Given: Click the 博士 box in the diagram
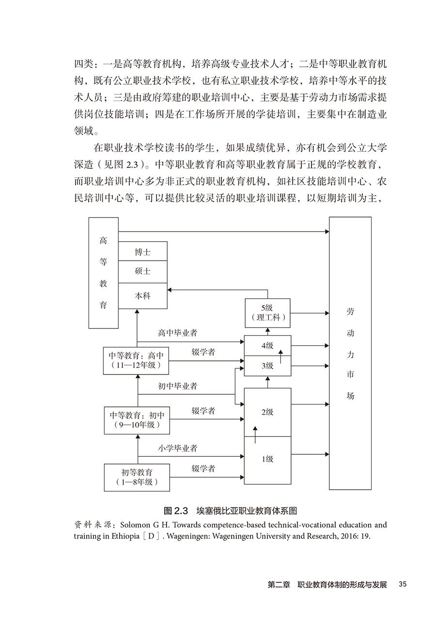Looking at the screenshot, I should pyautogui.click(x=142, y=252).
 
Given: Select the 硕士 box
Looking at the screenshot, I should pyautogui.click(x=142, y=271).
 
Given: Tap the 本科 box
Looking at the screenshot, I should pyautogui.click(x=142, y=295).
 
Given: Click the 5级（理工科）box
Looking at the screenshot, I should pyautogui.click(x=267, y=312).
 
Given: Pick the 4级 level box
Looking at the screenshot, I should pyautogui.click(x=267, y=345).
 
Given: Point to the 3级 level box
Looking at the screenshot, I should pyautogui.click(x=267, y=366).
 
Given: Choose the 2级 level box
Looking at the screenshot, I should pyautogui.click(x=267, y=412).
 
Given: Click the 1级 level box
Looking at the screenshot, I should pyautogui.click(x=267, y=459).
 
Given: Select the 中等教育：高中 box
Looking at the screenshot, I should pyautogui.click(x=136, y=360).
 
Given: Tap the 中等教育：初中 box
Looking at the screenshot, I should pyautogui.click(x=136, y=420).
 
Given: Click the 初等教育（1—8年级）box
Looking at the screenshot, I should pyautogui.click(x=137, y=477).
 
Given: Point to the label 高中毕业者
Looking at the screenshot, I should pyautogui.click(x=177, y=333).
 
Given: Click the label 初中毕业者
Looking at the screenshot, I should pyautogui.click(x=177, y=386).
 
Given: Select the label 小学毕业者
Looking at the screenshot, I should pyautogui.click(x=177, y=449).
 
